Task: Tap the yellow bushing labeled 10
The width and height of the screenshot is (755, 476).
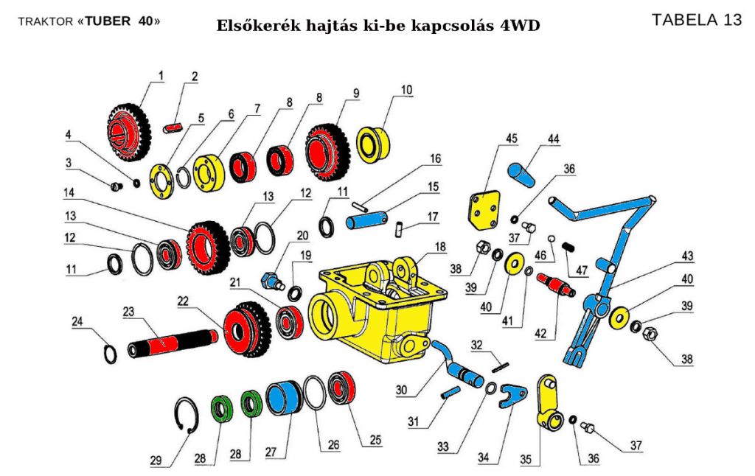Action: tap(372, 143)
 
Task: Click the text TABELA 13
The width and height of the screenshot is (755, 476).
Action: tap(696, 20)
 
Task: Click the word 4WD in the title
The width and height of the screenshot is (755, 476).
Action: tap(522, 26)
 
